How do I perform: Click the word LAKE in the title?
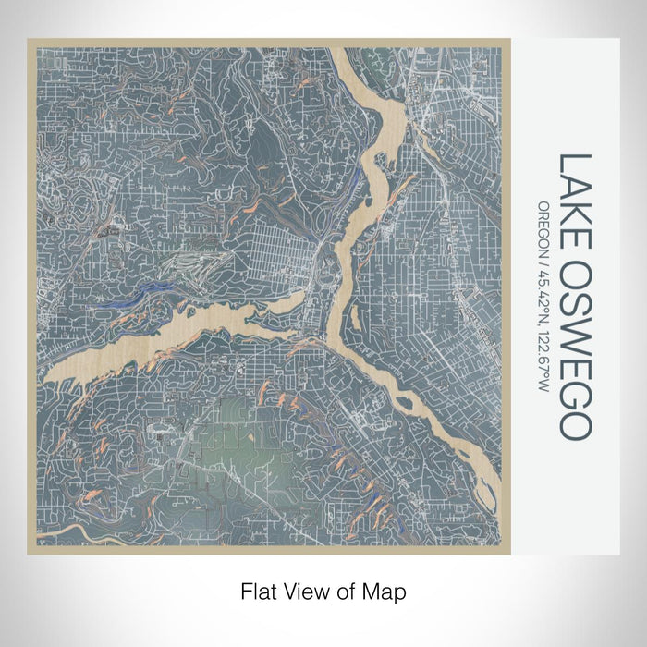[x=572, y=190]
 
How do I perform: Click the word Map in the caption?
[x=388, y=589]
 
